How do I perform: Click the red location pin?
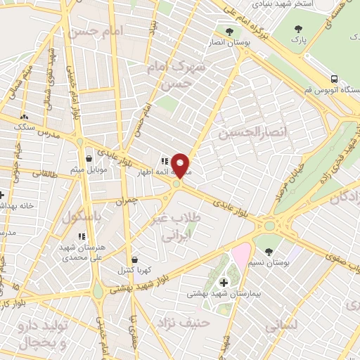pos(181,165)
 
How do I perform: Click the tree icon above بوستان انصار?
pos(229,31)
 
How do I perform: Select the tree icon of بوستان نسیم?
pos(269,251)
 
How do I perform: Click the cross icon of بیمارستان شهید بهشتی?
pos(224,282)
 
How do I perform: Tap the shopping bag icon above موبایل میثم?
pos(88,159)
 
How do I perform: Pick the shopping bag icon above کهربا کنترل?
pos(134,259)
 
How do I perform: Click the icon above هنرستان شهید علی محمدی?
pos(82,236)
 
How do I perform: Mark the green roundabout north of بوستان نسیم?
pos(269,226)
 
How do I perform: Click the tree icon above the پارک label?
pos(298,30)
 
